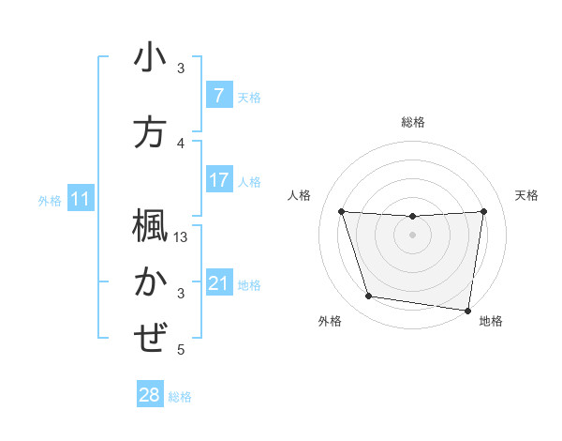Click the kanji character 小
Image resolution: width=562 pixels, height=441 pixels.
(x=150, y=58)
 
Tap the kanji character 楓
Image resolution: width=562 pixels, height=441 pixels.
(x=150, y=226)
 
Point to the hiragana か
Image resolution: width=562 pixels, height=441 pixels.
(x=150, y=281)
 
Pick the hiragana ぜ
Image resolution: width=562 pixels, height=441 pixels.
(x=150, y=337)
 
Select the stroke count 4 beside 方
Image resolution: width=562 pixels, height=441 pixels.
(x=182, y=144)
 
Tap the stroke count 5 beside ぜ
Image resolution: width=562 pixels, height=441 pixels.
(x=182, y=350)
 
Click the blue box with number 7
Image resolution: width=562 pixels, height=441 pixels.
(x=218, y=96)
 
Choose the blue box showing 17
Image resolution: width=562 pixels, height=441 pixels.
(x=218, y=179)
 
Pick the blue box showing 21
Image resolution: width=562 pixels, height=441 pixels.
(x=218, y=283)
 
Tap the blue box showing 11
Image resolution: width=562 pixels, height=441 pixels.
(x=80, y=199)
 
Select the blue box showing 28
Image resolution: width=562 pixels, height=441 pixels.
(x=149, y=395)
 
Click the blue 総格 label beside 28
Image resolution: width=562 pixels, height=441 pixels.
(x=181, y=397)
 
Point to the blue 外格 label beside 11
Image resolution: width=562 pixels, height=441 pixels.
(x=50, y=200)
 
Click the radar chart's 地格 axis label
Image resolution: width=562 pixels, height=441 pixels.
(x=491, y=321)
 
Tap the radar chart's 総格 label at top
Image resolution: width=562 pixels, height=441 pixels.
(x=412, y=122)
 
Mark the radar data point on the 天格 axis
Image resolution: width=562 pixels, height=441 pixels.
(x=483, y=211)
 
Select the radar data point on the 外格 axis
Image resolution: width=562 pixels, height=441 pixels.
(x=369, y=297)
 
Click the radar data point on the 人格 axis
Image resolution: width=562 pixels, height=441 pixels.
(x=342, y=212)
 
